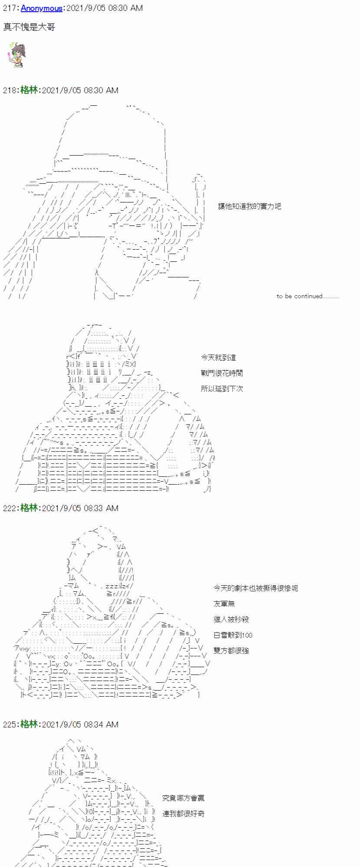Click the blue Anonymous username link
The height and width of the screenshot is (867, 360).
pos(42,8)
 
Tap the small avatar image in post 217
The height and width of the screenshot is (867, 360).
pos(15,55)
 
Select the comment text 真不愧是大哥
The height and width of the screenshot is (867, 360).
pos(29,27)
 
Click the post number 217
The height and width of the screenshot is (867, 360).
pos(10,8)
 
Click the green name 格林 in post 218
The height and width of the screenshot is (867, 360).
pos(29,90)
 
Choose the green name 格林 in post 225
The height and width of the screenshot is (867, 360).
pos(29,724)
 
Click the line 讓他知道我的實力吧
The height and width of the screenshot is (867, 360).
pos(249,206)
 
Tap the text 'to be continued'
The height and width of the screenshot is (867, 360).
pos(307,297)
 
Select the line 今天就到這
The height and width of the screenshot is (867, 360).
pos(218,358)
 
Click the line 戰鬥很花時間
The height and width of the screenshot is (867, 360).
pos(222,373)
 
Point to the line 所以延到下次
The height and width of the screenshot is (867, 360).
pos(222,389)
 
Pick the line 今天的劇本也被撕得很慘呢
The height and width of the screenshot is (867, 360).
pos(255,588)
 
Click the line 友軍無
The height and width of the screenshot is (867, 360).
pos(224,604)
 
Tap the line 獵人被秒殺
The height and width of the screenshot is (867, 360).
pos(231,619)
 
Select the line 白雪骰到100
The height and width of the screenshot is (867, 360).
pos(233,635)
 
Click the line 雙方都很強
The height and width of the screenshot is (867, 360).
pos(231,651)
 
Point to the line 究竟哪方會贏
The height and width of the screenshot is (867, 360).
pos(183,798)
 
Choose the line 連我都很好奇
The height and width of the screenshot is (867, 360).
pos(183,814)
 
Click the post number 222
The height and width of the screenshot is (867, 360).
pos(10,508)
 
